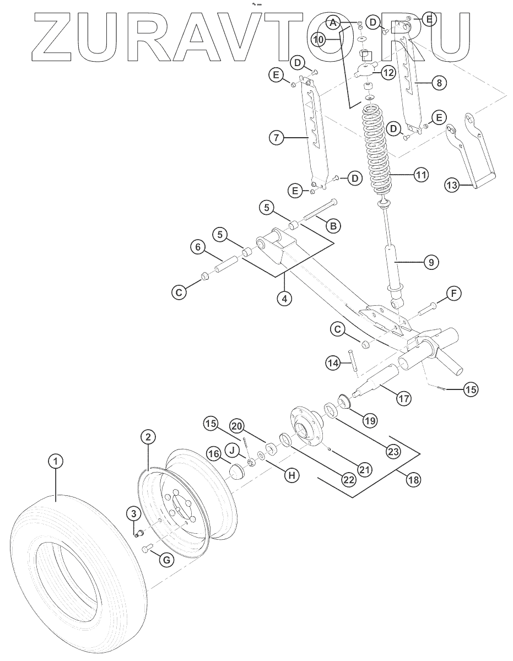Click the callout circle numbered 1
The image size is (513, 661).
(x=55, y=460)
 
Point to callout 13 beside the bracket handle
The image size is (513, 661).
(x=452, y=186)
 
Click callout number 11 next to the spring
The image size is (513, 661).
(x=421, y=176)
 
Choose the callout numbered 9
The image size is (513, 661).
(x=431, y=262)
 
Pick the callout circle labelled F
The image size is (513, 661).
(x=453, y=294)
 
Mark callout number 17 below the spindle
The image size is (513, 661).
(x=404, y=398)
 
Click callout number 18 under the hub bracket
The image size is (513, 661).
(x=413, y=479)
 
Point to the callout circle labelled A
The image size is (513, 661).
(x=332, y=23)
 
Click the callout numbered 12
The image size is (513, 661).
(x=388, y=72)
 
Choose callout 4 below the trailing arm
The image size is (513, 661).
(x=284, y=299)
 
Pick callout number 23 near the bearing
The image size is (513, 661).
(x=392, y=452)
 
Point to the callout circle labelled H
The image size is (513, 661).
(x=291, y=474)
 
